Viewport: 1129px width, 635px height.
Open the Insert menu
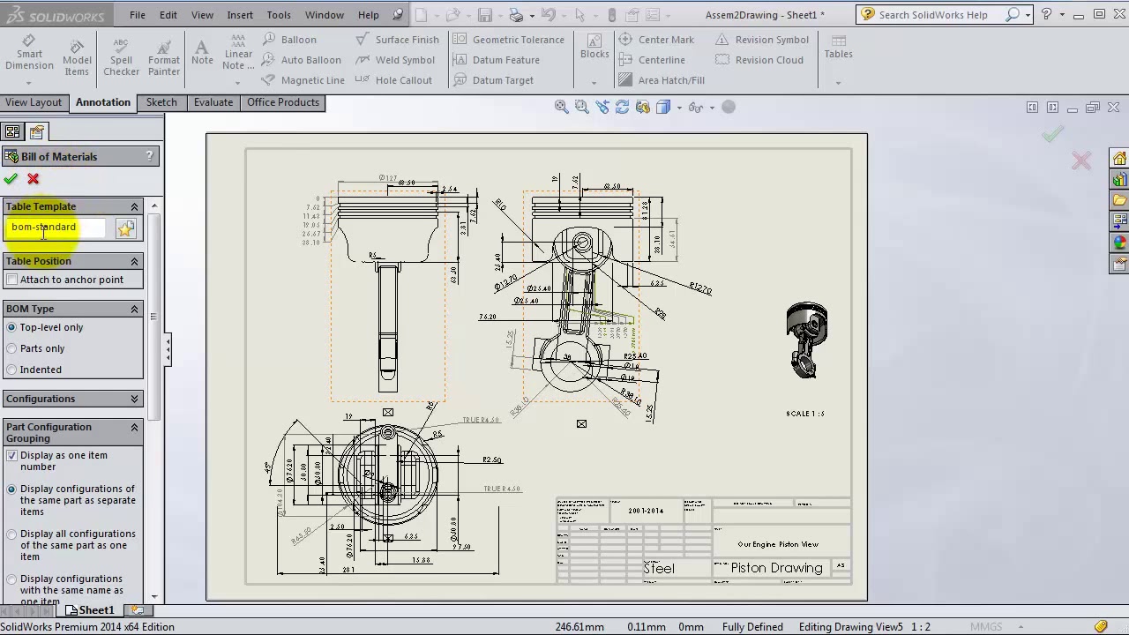click(x=240, y=15)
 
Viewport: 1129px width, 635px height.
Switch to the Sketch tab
click(x=161, y=102)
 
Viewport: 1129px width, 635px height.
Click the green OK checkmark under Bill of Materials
click(x=11, y=179)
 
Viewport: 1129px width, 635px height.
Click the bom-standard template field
click(x=56, y=228)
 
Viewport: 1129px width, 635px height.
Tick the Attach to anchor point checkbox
click(x=12, y=280)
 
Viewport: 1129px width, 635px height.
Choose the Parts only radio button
click(x=12, y=348)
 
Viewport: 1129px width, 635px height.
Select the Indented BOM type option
click(x=12, y=370)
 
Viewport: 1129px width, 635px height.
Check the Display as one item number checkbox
click(x=12, y=456)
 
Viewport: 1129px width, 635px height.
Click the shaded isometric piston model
click(x=806, y=340)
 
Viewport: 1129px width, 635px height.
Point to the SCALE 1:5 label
click(x=804, y=414)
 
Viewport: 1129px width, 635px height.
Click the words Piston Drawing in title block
click(x=776, y=568)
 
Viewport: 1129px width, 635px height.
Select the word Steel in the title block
click(x=659, y=569)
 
